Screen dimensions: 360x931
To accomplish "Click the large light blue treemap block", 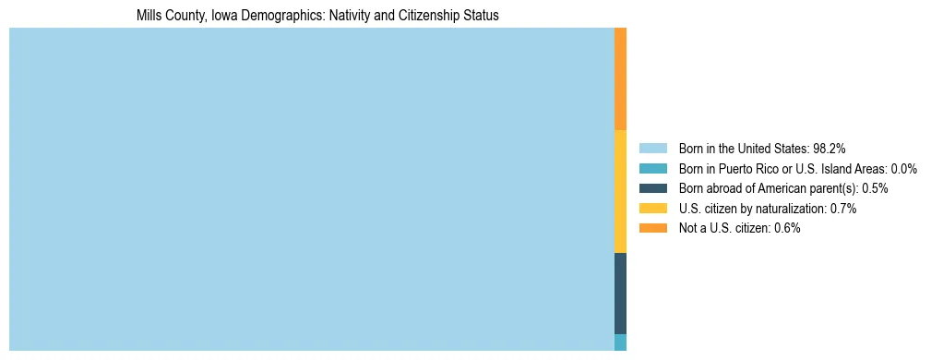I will [x=311, y=189].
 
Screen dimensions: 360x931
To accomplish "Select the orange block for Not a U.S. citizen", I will [x=620, y=78].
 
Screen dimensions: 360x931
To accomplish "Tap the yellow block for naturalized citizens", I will [x=620, y=191].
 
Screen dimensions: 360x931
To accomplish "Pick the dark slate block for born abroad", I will [x=620, y=294].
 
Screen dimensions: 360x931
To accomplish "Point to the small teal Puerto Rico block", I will [x=620, y=342].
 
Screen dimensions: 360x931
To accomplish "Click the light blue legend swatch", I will [x=652, y=149].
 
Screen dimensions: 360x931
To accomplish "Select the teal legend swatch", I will [x=652, y=169].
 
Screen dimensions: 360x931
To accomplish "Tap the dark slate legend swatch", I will [x=652, y=188].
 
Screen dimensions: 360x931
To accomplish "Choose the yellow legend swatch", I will [x=652, y=209].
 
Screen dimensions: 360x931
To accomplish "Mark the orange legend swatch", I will [x=652, y=228].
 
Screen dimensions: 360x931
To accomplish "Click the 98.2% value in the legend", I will [x=830, y=149].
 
